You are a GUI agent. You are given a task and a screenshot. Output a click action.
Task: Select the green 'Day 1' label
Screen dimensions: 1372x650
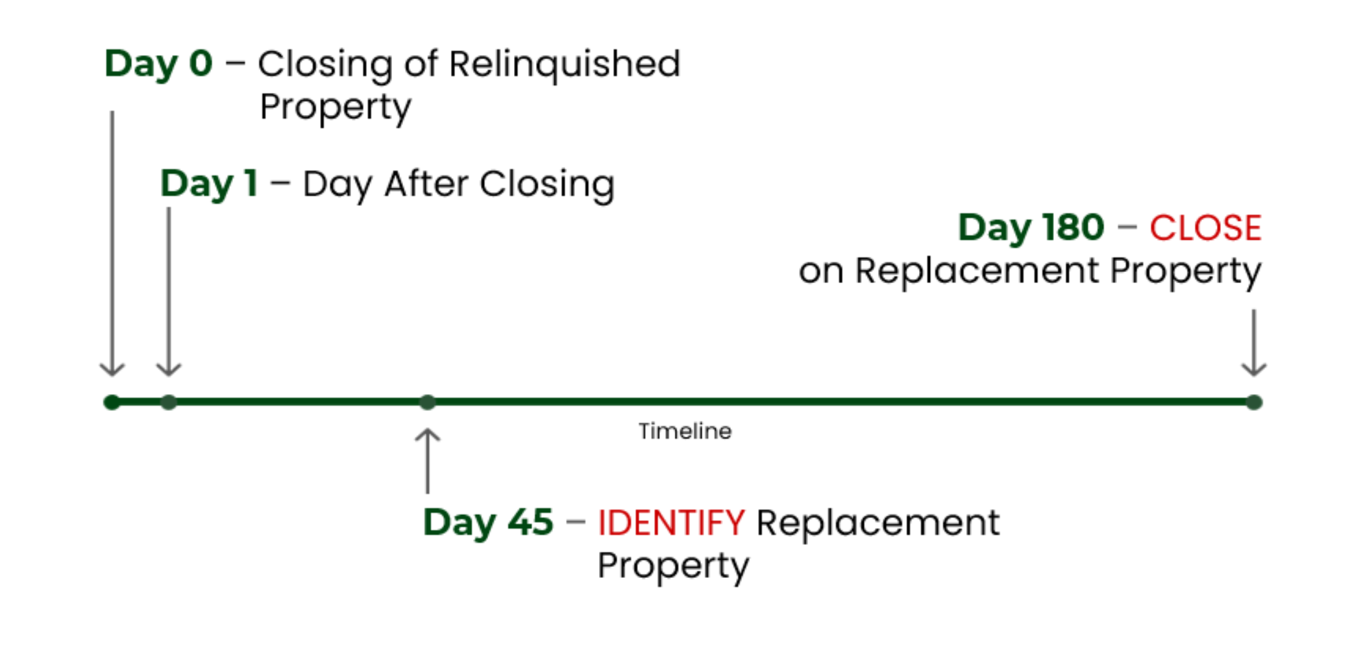tap(209, 184)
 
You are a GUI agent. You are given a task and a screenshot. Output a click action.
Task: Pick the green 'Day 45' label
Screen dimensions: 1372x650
tap(488, 523)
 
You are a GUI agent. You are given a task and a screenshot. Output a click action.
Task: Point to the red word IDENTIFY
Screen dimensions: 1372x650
tap(671, 523)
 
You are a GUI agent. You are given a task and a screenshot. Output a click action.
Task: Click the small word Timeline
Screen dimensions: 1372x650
tap(685, 431)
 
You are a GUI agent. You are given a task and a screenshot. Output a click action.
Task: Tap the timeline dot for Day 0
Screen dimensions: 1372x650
tap(112, 403)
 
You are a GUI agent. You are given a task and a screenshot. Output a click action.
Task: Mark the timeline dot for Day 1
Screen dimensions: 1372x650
tap(169, 403)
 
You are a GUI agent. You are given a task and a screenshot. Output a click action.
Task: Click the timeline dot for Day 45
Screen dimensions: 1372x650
tap(427, 403)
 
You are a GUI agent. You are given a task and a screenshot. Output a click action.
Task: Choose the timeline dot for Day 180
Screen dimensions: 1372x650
tap(1254, 403)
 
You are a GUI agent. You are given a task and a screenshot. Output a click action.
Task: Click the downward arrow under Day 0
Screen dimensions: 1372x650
tap(112, 244)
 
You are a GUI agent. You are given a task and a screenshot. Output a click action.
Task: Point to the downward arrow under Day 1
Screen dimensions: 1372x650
tap(169, 292)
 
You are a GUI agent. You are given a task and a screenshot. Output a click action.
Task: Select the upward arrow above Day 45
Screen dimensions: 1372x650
tap(427, 460)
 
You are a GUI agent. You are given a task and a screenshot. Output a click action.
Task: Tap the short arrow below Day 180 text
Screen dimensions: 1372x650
tap(1254, 343)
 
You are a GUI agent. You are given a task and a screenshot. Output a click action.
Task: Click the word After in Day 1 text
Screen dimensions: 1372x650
tap(426, 184)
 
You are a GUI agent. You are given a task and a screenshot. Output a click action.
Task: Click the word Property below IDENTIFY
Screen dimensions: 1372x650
tap(674, 566)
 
